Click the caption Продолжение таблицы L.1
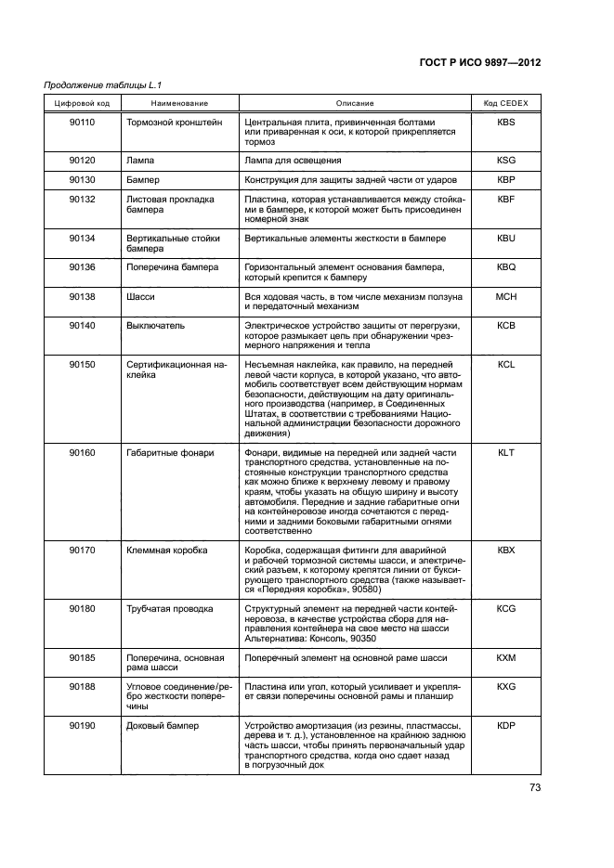pos(97,85)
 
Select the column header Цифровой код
pos(83,102)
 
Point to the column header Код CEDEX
pos(505,102)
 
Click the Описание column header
pos(355,102)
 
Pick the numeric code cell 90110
pos(83,122)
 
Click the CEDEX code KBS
pos(505,122)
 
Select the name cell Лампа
pos(140,160)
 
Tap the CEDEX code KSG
pos(505,160)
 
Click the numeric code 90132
pos(83,199)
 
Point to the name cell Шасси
pos(139,295)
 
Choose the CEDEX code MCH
pos(505,295)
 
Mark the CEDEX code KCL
pos(505,366)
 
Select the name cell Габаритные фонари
pos(170,453)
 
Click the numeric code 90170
pos(83,551)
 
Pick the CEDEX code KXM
pos(505,657)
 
